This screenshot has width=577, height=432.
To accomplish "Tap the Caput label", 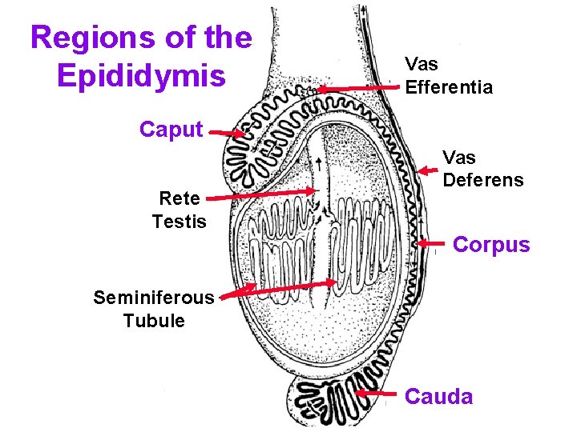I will [171, 130].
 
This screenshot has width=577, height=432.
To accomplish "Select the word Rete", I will [180, 198].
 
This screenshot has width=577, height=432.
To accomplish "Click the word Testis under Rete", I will [180, 222].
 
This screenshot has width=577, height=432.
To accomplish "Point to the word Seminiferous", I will [154, 298].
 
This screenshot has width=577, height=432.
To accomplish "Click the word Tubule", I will [154, 322].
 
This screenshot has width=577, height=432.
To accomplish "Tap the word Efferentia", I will [449, 88].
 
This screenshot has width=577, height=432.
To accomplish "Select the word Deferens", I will [483, 180].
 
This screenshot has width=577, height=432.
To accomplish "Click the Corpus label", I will [491, 245].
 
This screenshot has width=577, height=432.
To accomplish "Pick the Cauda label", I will [439, 396].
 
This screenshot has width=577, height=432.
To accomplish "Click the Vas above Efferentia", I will [422, 64].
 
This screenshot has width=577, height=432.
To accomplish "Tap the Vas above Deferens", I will [459, 157].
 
